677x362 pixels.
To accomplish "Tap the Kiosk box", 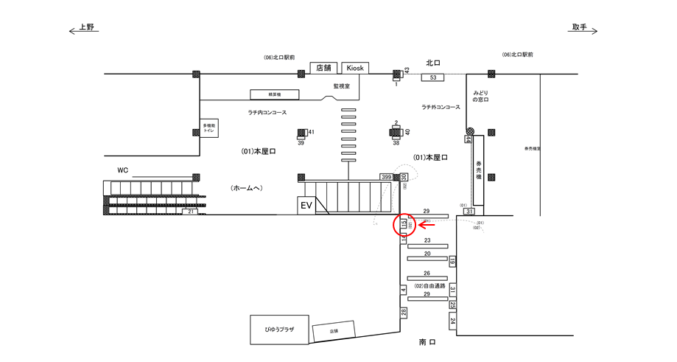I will click(x=355, y=68).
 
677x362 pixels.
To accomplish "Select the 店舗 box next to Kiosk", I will click(x=324, y=68).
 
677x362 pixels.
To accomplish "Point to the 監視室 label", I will click(x=341, y=86).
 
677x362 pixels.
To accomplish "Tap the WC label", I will click(x=123, y=170).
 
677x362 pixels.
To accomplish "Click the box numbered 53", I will click(x=433, y=77).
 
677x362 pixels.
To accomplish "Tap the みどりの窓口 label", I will click(x=480, y=96).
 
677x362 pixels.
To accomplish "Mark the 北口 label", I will click(x=432, y=63).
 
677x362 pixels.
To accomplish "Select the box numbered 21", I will click(x=191, y=212).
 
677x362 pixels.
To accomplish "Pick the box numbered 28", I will click(x=404, y=313).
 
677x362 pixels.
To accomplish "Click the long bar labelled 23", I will click(x=427, y=248).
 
